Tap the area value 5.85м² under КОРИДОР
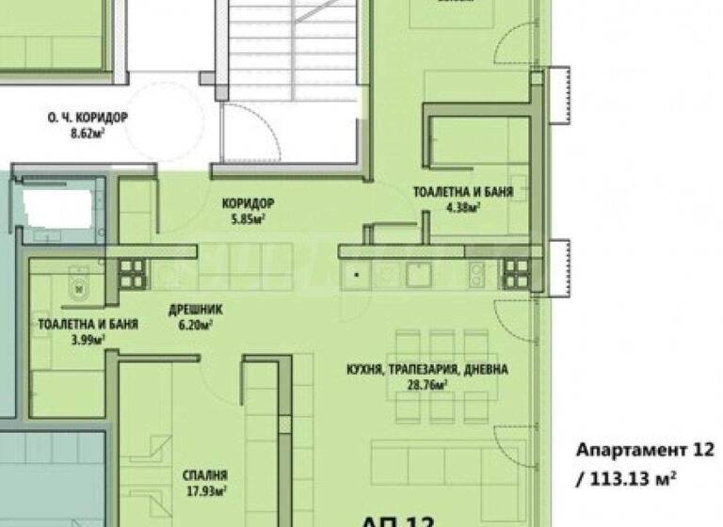tap(248, 219)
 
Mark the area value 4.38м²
tap(462, 208)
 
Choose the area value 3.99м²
tap(89, 340)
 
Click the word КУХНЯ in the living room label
tap(363, 370)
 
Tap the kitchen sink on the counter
tap(416, 274)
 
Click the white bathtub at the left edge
tap(56, 202)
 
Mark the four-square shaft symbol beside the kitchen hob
tap(517, 274)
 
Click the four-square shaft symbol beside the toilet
tap(133, 273)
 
